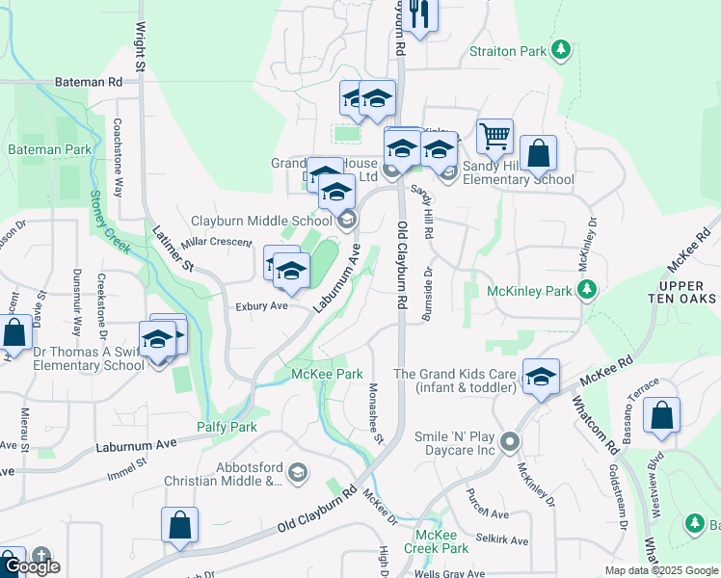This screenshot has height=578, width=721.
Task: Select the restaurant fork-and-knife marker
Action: click(x=417, y=13)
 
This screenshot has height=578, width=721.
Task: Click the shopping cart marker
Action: click(x=494, y=137)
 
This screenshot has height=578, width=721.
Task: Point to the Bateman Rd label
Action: click(x=90, y=83)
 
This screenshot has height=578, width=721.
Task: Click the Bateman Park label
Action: click(x=50, y=150)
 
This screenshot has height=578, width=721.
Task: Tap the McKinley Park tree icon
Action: click(x=586, y=289)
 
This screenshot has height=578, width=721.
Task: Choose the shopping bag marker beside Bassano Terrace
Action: click(x=661, y=416)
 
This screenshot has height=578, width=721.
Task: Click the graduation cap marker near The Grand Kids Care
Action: click(x=542, y=377)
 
